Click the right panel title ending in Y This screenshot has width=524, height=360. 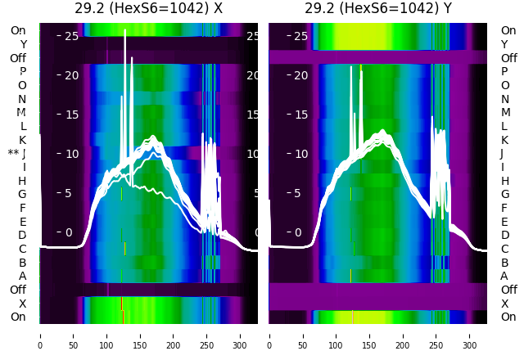coord(377,8)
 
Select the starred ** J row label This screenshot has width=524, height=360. coord(17,153)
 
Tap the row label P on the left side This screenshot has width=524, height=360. coord(22,71)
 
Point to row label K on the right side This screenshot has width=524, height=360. coord(504,140)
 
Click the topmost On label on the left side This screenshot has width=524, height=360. coord(18,30)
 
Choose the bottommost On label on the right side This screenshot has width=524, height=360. coord(508,317)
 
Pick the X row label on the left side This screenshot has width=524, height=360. coord(22,304)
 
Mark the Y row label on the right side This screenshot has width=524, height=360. coord(504,44)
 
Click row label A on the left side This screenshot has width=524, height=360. coord(22,276)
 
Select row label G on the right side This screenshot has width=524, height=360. coord(504,194)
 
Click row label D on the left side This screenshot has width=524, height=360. coord(22,235)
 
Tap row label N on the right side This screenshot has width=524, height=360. coord(504,99)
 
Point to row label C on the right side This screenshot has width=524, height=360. coord(504,249)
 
